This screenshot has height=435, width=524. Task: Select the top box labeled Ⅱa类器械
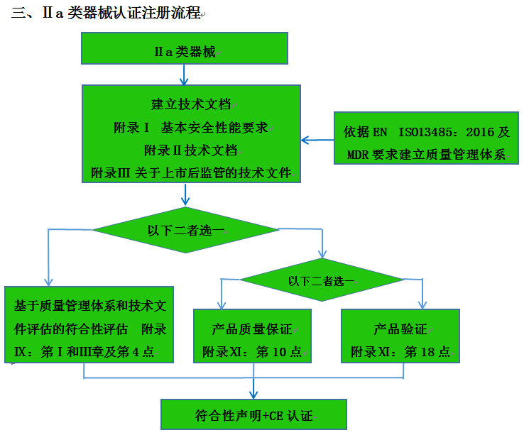pyautogui.click(x=185, y=52)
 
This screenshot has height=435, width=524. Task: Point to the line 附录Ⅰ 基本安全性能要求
pyautogui.click(x=191, y=128)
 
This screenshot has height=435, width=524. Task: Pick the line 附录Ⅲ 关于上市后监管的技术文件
pyautogui.click(x=191, y=173)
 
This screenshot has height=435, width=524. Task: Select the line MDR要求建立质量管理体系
pyautogui.click(x=426, y=155)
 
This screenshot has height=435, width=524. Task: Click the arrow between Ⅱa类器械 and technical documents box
pyautogui.click(x=185, y=75)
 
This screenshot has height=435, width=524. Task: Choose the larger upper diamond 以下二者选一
pyautogui.click(x=186, y=230)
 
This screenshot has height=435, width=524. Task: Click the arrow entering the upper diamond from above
pyautogui.click(x=185, y=197)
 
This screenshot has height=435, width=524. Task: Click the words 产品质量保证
pyautogui.click(x=251, y=329)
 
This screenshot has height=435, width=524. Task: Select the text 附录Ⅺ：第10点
pyautogui.click(x=251, y=352)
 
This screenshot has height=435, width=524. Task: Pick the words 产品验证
pyautogui.click(x=400, y=329)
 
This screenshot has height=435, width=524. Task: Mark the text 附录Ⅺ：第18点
pyautogui.click(x=400, y=352)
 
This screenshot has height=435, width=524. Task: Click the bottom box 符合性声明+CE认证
pyautogui.click(x=253, y=415)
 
